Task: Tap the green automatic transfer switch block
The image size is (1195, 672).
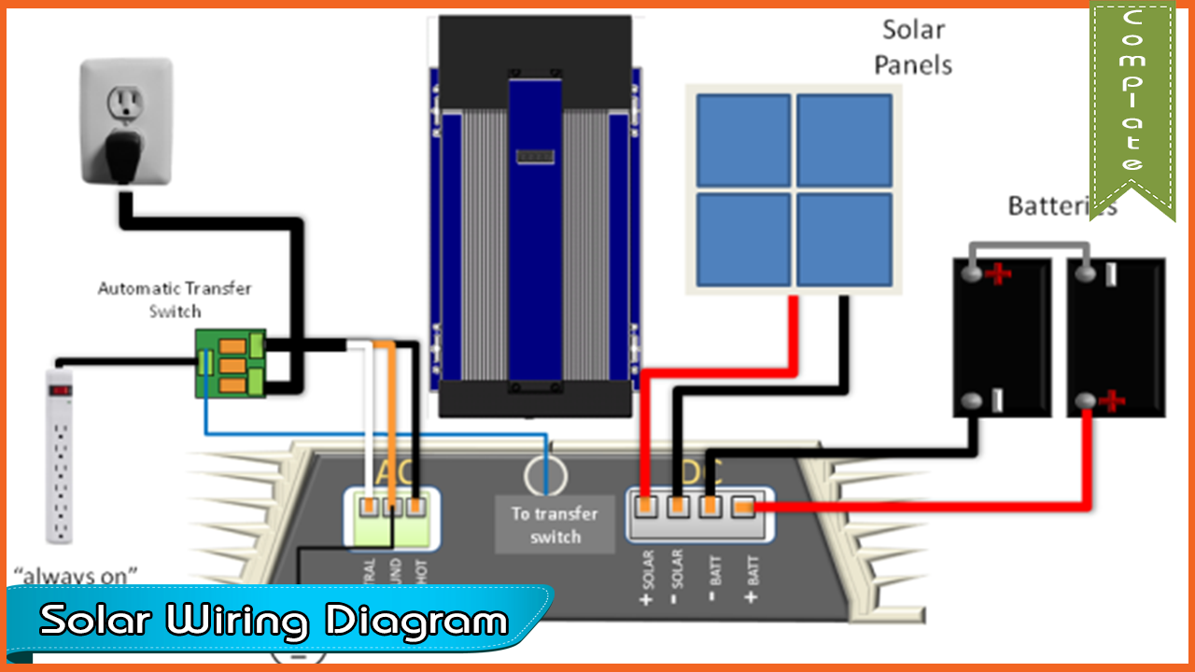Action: tap(231, 363)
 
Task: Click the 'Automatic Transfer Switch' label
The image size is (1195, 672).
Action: tap(175, 299)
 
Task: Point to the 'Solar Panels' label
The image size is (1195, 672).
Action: tap(917, 47)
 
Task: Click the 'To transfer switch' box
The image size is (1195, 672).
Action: tap(555, 525)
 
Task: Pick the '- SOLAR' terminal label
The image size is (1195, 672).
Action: tap(679, 584)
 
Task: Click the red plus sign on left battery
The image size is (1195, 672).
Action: tap(1000, 274)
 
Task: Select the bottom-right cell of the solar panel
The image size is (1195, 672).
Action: tap(844, 239)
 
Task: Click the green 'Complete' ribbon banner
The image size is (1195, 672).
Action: tap(1132, 103)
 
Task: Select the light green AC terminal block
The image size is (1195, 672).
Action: tap(393, 519)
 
